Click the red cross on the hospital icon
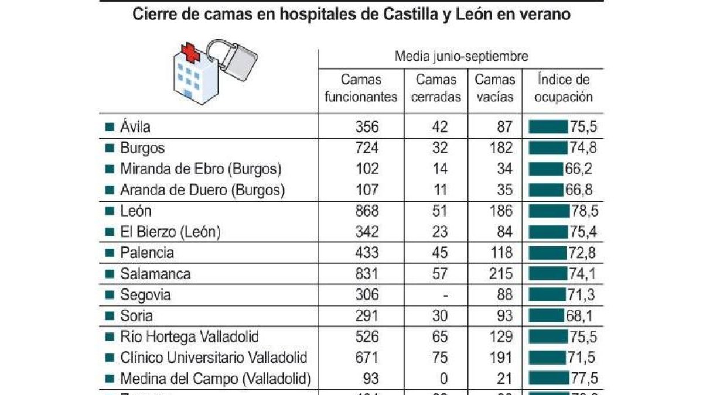[190, 53]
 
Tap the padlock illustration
[236, 61]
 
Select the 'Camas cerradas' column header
[436, 88]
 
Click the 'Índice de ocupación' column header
[563, 88]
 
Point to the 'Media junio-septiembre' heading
[461, 57]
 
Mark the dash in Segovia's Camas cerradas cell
[445, 295]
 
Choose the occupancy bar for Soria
[546, 316]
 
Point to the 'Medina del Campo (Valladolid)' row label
[215, 379]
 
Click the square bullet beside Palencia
[108, 253]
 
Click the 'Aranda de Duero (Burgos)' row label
[202, 190]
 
